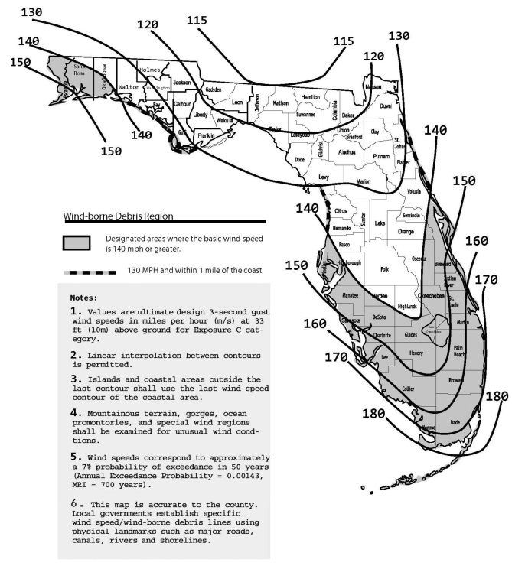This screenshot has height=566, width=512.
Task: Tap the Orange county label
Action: [x=406, y=232]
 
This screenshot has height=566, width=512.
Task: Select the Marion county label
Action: [x=363, y=181]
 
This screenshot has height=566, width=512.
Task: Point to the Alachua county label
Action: [x=347, y=152]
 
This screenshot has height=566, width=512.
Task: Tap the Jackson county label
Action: [x=181, y=82]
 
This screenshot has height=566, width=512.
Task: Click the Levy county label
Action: [x=324, y=177]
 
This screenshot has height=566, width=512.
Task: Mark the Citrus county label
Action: [x=341, y=210]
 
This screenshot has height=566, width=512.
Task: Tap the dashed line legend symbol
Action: [x=90, y=272]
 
